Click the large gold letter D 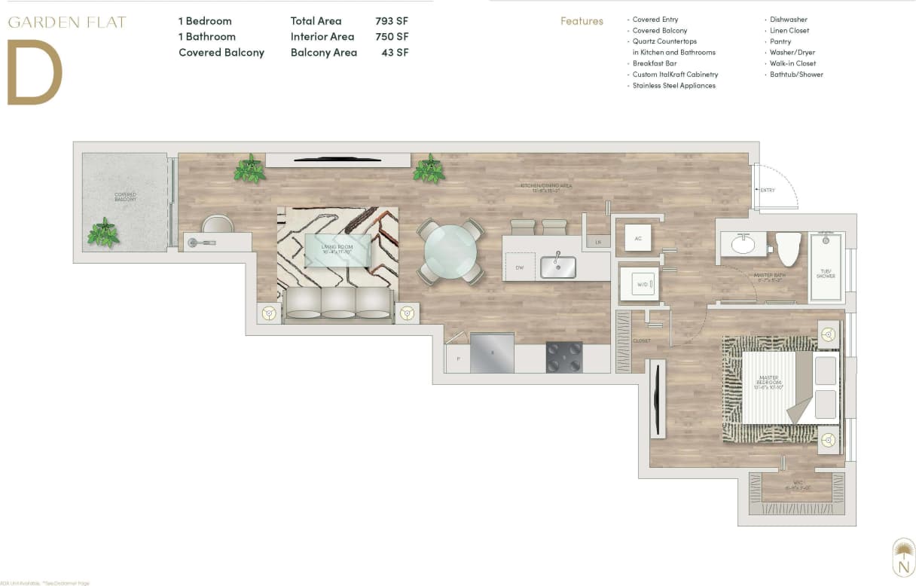35,72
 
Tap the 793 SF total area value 392,21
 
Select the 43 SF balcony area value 395,53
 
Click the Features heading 582,21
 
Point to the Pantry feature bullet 780,41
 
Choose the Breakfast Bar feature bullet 654,63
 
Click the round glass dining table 450,252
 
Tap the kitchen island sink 558,267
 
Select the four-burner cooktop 564,356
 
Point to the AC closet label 637,238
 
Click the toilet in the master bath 788,249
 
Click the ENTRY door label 767,191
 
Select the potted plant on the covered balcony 103,233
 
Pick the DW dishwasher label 520,267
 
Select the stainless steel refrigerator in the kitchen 492,353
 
